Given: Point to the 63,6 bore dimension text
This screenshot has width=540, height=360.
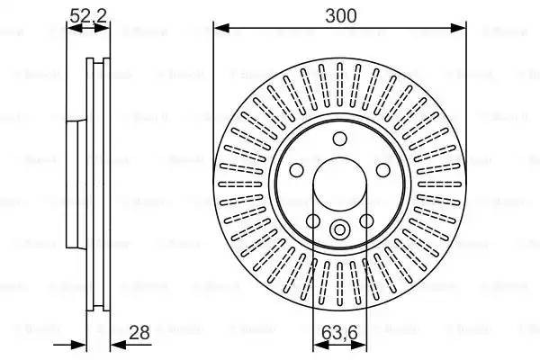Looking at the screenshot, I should tap(339, 335).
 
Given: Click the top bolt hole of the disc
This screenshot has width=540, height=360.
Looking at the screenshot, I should tap(339, 139).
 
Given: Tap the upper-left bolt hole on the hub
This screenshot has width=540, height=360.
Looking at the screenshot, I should tap(297, 170).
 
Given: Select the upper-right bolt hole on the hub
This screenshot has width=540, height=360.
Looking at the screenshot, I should tap(382, 170).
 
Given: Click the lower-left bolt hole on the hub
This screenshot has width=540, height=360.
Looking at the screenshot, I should tap(313, 220).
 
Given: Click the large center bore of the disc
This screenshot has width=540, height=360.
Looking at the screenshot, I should tap(339, 184).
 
